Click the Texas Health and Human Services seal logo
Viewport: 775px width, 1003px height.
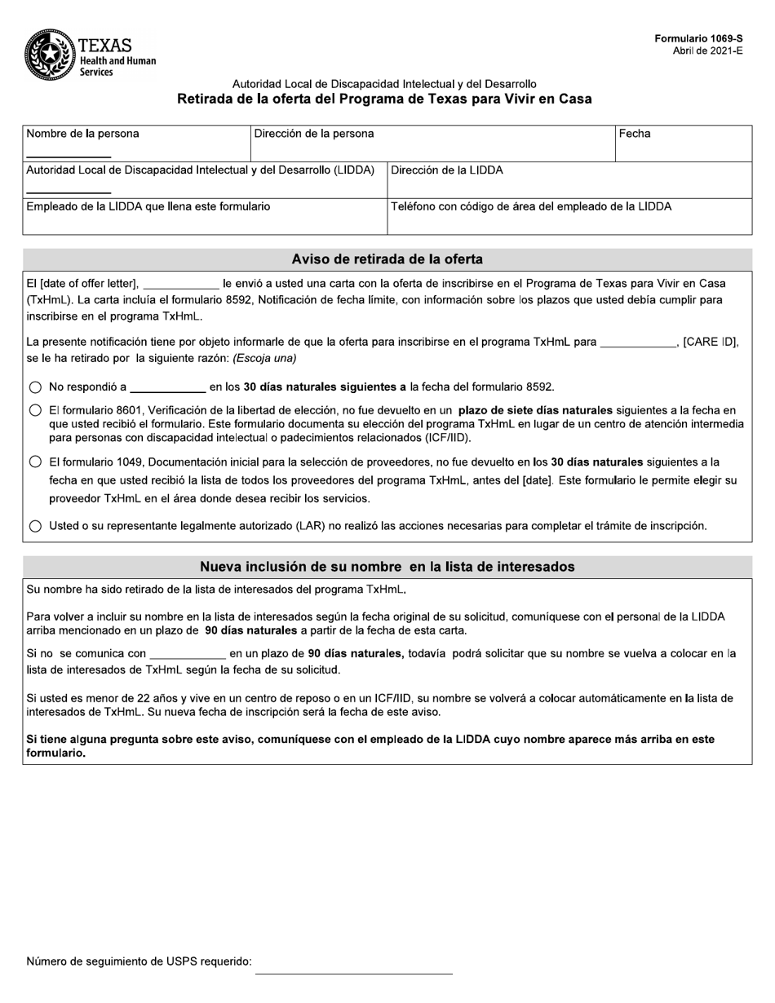(50, 54)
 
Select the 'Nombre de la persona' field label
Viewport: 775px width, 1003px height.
(82, 134)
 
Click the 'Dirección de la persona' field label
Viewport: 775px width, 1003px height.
(314, 134)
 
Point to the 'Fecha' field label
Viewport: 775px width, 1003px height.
(635, 134)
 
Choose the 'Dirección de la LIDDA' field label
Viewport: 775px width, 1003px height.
(447, 170)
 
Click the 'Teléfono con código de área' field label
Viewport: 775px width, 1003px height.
(531, 207)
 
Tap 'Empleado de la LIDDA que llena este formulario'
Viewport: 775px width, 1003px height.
(148, 207)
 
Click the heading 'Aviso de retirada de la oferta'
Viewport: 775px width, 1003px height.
(387, 259)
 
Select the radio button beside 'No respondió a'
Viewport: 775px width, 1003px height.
(35, 387)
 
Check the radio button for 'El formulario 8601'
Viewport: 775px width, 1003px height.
(35, 411)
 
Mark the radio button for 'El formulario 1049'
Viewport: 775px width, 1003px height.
(35, 462)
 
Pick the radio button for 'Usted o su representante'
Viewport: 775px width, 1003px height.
(35, 527)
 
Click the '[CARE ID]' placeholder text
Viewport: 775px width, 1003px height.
(710, 342)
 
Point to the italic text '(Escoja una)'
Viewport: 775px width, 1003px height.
(265, 358)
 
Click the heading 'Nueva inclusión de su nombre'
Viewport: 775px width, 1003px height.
(387, 567)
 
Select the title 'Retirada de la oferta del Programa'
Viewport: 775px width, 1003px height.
(385, 99)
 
